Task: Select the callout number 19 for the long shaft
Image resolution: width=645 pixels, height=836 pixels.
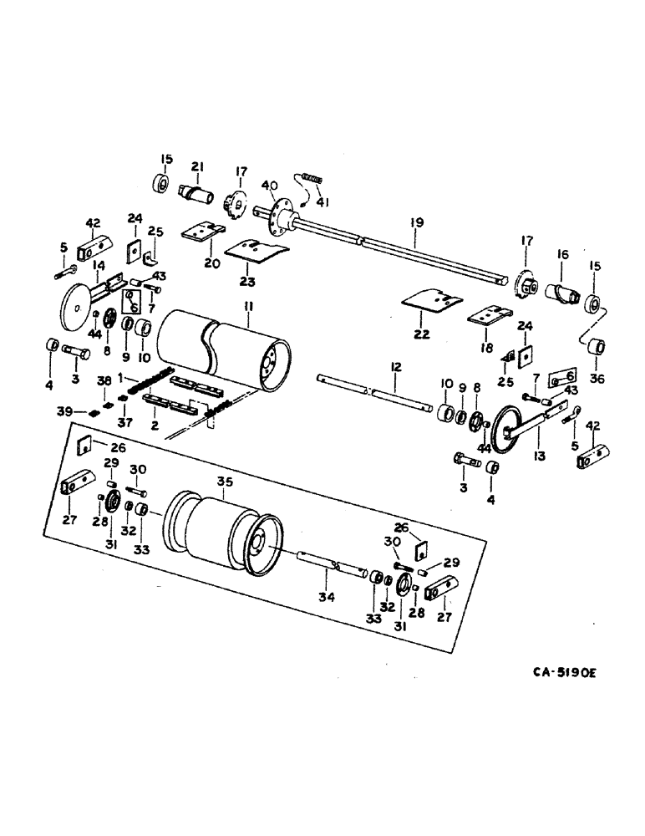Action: pos(417,222)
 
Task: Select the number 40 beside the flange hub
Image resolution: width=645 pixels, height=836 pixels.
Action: pos(268,185)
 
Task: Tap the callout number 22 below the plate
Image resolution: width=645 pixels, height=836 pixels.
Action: pos(419,334)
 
